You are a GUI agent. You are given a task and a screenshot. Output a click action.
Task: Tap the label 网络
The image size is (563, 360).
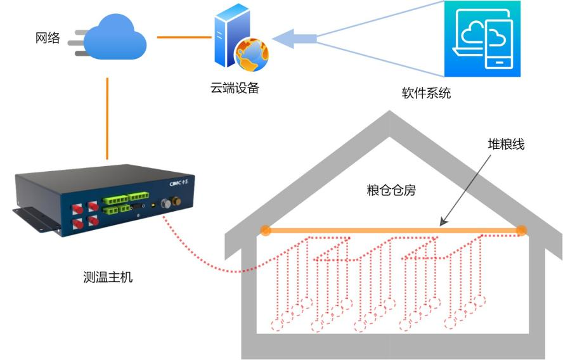click(x=48, y=39)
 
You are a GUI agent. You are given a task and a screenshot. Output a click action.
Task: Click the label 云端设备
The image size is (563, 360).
click(x=235, y=88)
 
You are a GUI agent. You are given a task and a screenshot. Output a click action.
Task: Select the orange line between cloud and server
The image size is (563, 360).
click(x=184, y=37)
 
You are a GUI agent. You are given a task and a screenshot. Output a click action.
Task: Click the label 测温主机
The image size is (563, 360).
click(x=108, y=276)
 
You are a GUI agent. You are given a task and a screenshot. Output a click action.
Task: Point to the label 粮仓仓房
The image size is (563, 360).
click(x=391, y=190)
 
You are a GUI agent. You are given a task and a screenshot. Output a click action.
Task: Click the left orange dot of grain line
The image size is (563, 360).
click(x=266, y=231)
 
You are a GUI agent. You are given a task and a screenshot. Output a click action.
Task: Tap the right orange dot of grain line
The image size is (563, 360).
click(x=521, y=231)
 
